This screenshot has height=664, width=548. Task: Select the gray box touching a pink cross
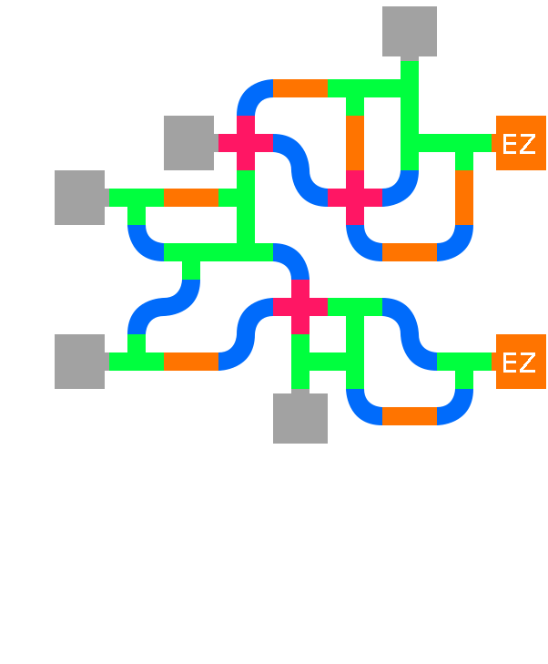tap(189, 143)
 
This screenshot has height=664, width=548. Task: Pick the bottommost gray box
tap(300, 418)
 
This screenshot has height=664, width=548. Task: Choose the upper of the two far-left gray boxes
tap(80, 198)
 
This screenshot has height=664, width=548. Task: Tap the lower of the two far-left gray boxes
tap(80, 362)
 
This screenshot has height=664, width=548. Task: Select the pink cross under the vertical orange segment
tap(355, 198)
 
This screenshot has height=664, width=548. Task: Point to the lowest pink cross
tap(300, 307)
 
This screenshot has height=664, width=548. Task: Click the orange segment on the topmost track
tap(300, 88)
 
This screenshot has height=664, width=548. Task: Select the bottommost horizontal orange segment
tap(410, 416)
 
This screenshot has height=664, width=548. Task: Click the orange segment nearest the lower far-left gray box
tap(191, 362)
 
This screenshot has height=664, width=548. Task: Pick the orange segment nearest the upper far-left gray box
tap(191, 198)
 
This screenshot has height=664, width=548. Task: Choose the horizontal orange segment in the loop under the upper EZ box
tap(410, 252)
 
